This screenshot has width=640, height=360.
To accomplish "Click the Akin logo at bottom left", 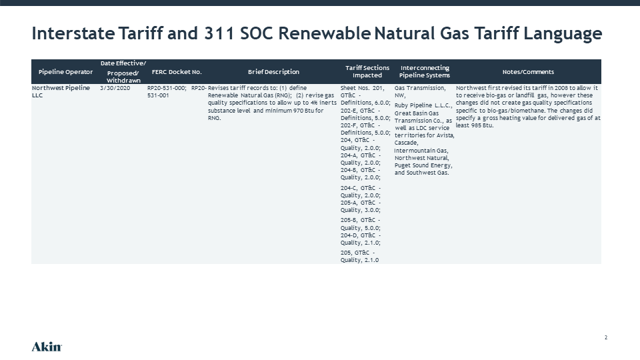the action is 47,347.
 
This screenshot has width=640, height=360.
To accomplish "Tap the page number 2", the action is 606,337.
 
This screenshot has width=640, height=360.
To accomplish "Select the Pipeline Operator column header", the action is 65,72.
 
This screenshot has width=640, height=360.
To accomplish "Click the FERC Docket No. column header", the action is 177,72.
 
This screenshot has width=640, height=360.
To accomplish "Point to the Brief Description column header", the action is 273,72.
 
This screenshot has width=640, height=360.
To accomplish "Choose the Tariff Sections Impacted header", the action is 367,71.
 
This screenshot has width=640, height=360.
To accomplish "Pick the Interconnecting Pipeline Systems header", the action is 425,71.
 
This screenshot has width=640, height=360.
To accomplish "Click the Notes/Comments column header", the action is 528,72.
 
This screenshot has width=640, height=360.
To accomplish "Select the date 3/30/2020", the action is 115,88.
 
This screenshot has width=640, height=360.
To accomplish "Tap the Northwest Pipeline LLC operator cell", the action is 61,91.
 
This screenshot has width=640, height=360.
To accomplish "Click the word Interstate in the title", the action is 73,33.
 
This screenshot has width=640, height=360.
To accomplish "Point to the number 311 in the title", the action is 219,33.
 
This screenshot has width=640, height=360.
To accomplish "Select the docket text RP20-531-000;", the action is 167,88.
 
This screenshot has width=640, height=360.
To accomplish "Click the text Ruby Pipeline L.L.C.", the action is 423,105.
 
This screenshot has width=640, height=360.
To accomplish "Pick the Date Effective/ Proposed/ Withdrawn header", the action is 123,72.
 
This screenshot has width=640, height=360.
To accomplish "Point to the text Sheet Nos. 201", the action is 363,88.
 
